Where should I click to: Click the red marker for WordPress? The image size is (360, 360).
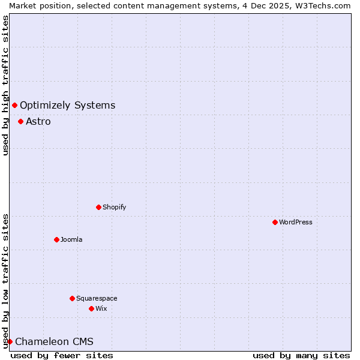point(275,222)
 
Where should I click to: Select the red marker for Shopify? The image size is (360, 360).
point(98,207)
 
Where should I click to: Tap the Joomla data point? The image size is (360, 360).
point(56,239)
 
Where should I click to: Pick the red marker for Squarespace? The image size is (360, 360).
point(72,298)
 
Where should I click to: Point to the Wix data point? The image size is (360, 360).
point(91,308)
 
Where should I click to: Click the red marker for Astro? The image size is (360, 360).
point(20,121)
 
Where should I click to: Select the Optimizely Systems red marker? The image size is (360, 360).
point(14,106)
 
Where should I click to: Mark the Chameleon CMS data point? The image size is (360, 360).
point(10,341)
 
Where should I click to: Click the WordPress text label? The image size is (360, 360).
point(296,222)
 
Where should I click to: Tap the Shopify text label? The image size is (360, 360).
point(114,207)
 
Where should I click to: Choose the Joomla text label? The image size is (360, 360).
point(71,239)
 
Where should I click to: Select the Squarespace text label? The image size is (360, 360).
point(97,298)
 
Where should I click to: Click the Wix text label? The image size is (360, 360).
point(101,308)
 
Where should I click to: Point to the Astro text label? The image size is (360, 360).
point(38,122)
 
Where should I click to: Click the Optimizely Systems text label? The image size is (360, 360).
point(67,106)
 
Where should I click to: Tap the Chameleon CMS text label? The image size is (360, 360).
point(54,342)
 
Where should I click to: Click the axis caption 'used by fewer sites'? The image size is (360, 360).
point(62,355)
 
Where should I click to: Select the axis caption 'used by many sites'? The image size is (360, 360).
point(301,355)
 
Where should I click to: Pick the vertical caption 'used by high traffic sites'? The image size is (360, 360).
point(5,85)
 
